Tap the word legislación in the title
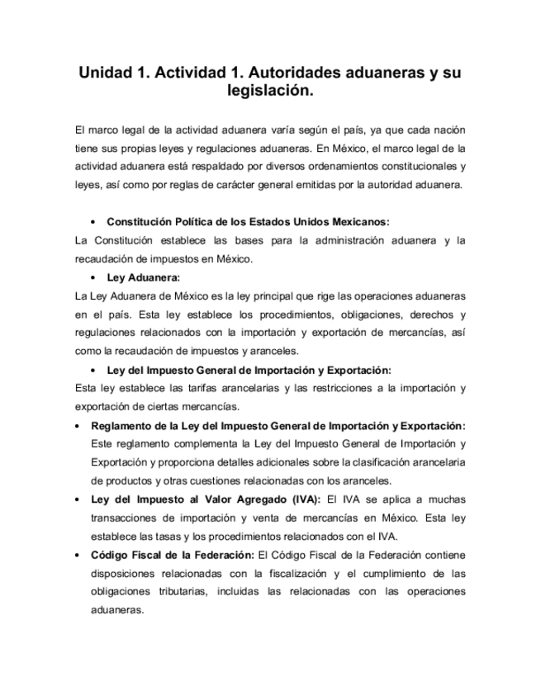(270, 92)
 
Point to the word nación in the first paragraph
(447, 130)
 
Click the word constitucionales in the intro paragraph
(415, 167)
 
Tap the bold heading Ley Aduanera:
(144, 277)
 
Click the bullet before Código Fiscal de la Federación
(77, 555)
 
